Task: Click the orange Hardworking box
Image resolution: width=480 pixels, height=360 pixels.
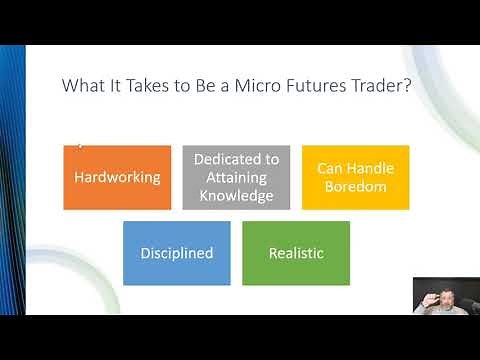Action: coord(116,177)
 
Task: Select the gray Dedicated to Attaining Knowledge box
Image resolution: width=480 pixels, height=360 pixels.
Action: coord(236,177)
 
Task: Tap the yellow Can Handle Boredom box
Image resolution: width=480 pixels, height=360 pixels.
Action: coord(355,177)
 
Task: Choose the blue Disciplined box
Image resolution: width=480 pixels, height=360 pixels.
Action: coord(176,253)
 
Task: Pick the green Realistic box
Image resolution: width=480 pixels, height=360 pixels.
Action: coord(296,253)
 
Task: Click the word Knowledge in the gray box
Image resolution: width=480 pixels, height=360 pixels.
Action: coord(236,195)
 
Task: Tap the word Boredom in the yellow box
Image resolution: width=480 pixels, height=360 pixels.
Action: coord(355,186)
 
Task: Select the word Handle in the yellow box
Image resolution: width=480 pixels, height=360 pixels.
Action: coord(370,168)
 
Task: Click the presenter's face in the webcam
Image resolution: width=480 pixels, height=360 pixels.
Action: coord(445,293)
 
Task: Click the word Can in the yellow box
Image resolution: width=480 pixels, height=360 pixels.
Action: coord(331,168)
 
